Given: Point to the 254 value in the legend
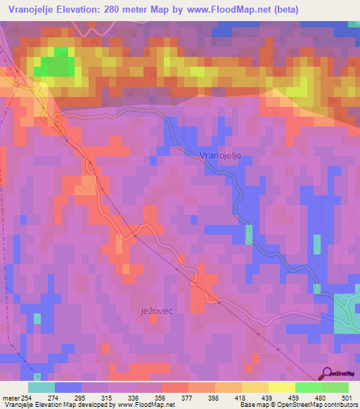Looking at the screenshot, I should click(x=27, y=398).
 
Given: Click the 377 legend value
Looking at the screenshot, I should click(x=188, y=398).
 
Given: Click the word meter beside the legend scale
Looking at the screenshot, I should click(x=10, y=398).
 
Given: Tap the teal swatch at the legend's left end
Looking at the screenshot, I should click(x=41, y=387).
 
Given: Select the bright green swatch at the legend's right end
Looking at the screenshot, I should click(x=335, y=387).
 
